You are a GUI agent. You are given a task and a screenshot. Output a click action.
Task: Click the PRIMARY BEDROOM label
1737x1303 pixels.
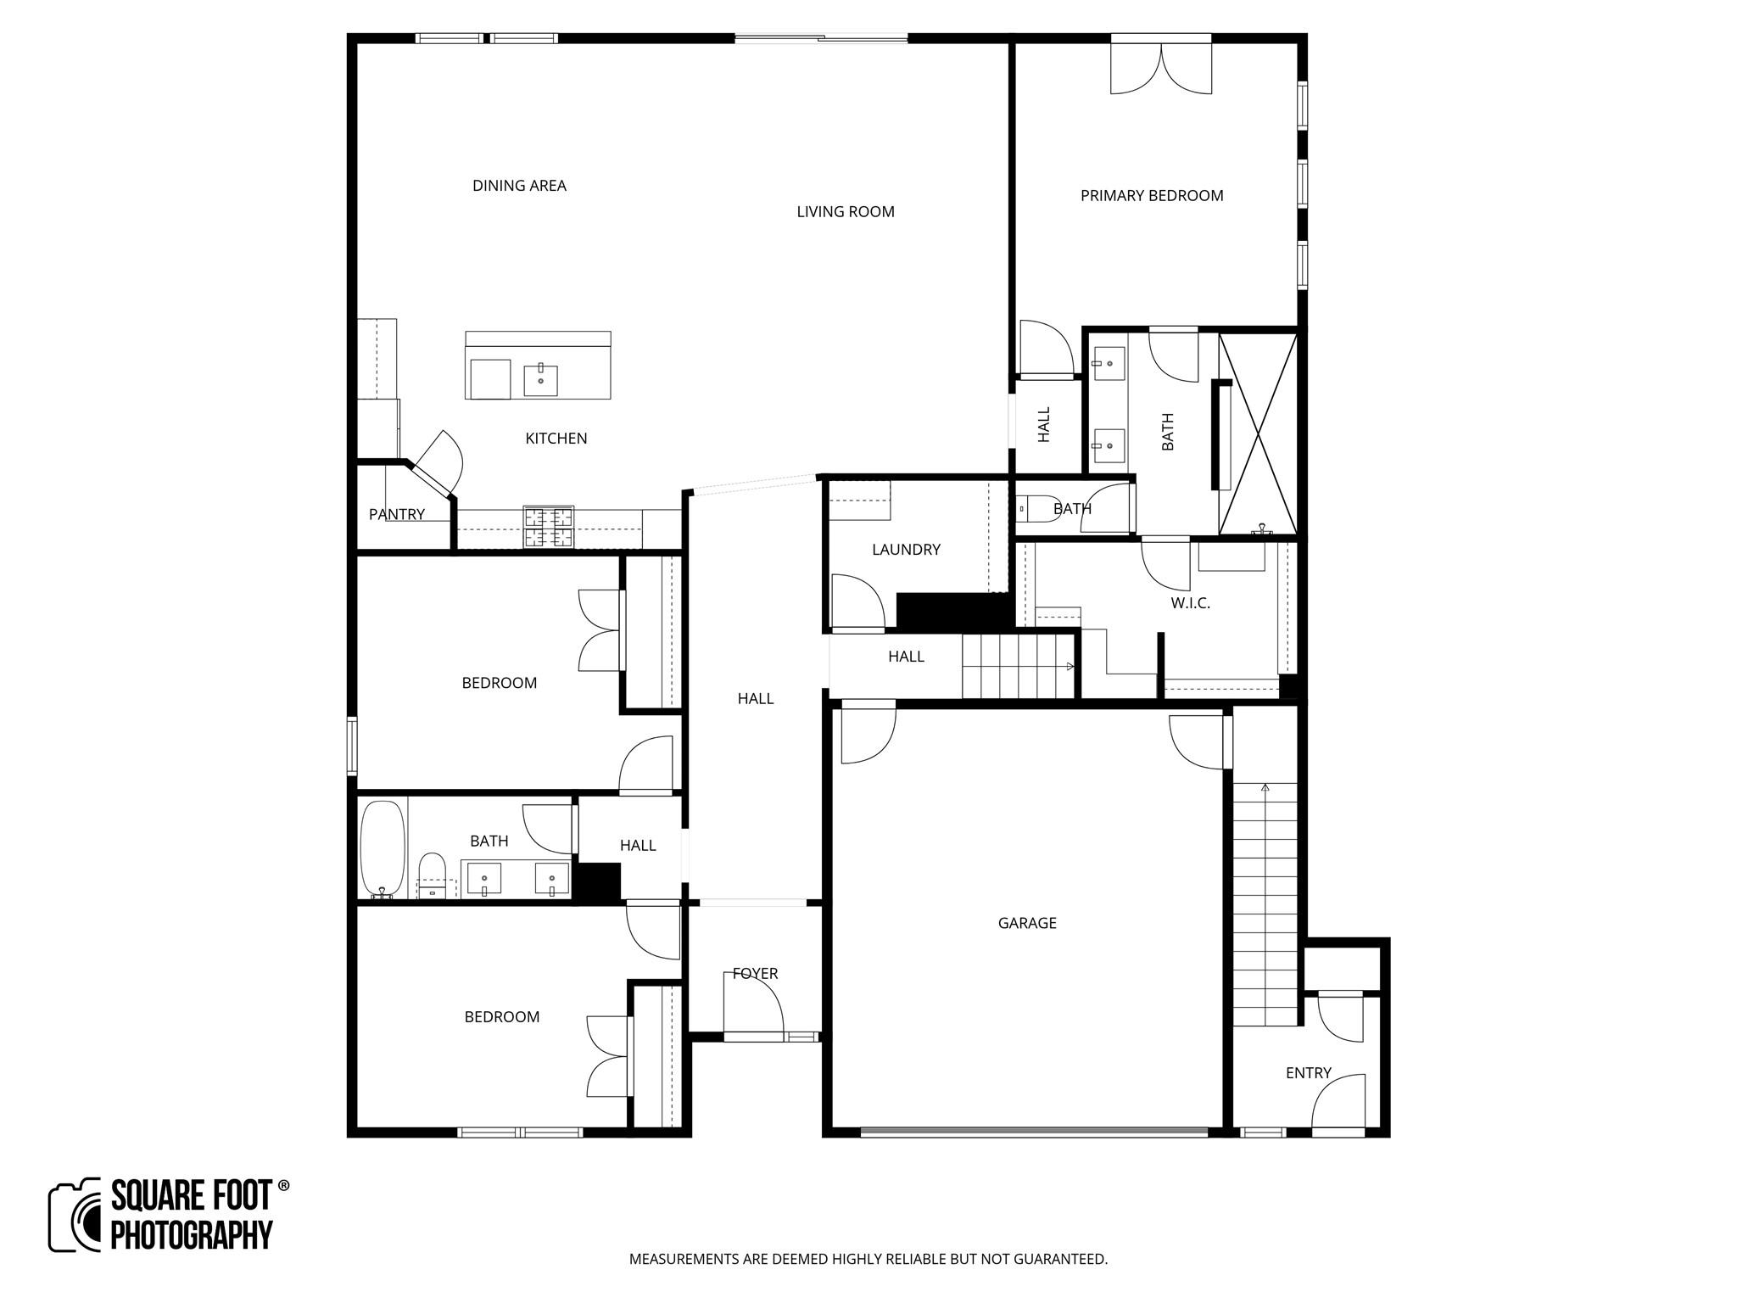click(1152, 196)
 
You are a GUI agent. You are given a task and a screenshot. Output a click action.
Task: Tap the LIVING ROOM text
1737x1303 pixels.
click(846, 212)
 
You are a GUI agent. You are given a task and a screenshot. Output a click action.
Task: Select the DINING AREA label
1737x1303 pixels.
click(519, 186)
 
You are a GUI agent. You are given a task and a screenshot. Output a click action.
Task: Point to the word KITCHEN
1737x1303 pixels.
click(556, 439)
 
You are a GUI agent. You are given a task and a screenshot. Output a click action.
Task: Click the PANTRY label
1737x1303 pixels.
click(397, 514)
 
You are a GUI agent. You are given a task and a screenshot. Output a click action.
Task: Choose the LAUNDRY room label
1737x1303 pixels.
click(906, 550)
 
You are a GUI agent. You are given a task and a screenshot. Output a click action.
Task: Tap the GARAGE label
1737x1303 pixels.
click(1027, 923)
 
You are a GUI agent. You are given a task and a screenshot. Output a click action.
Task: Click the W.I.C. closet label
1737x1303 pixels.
click(1190, 603)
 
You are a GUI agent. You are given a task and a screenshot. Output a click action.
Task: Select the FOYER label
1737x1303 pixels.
click(755, 974)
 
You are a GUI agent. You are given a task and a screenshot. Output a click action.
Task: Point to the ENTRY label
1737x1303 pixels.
click(1308, 1073)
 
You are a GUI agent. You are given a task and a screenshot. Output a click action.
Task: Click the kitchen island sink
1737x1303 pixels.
click(540, 379)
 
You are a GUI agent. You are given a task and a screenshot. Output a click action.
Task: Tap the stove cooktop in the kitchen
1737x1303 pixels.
click(548, 526)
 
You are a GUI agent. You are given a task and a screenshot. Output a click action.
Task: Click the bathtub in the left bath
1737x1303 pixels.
click(383, 848)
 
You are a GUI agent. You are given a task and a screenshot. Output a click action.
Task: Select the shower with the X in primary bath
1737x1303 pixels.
click(1258, 433)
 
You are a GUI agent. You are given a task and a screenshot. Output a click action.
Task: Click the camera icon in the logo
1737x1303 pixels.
click(75, 1215)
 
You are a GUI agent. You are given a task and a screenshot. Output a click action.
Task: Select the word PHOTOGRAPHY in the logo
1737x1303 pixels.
click(192, 1234)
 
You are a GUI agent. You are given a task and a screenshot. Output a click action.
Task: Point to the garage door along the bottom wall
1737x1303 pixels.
click(1034, 1131)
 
